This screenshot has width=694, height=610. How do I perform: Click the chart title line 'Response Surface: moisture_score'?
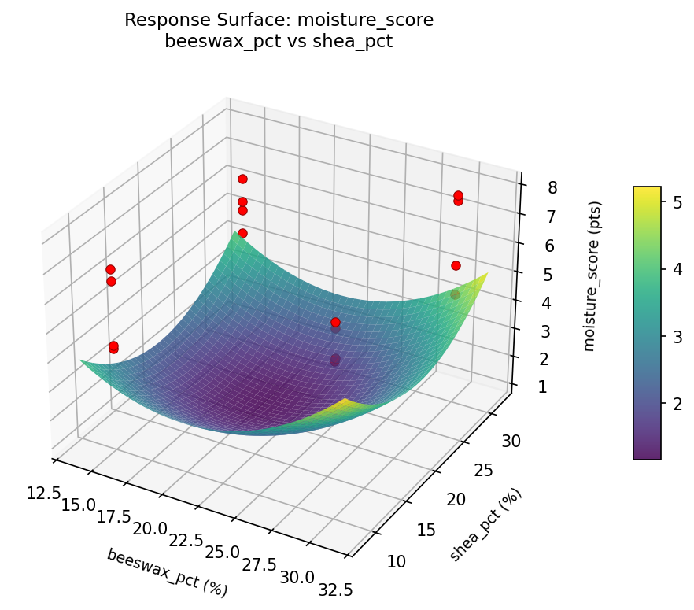tap(279, 20)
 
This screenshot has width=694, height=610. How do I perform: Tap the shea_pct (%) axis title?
tap(485, 524)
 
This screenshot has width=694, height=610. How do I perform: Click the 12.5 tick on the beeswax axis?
tap(44, 493)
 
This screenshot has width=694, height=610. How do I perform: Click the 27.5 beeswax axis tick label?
tap(260, 564)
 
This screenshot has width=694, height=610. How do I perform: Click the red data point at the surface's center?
tap(335, 322)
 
